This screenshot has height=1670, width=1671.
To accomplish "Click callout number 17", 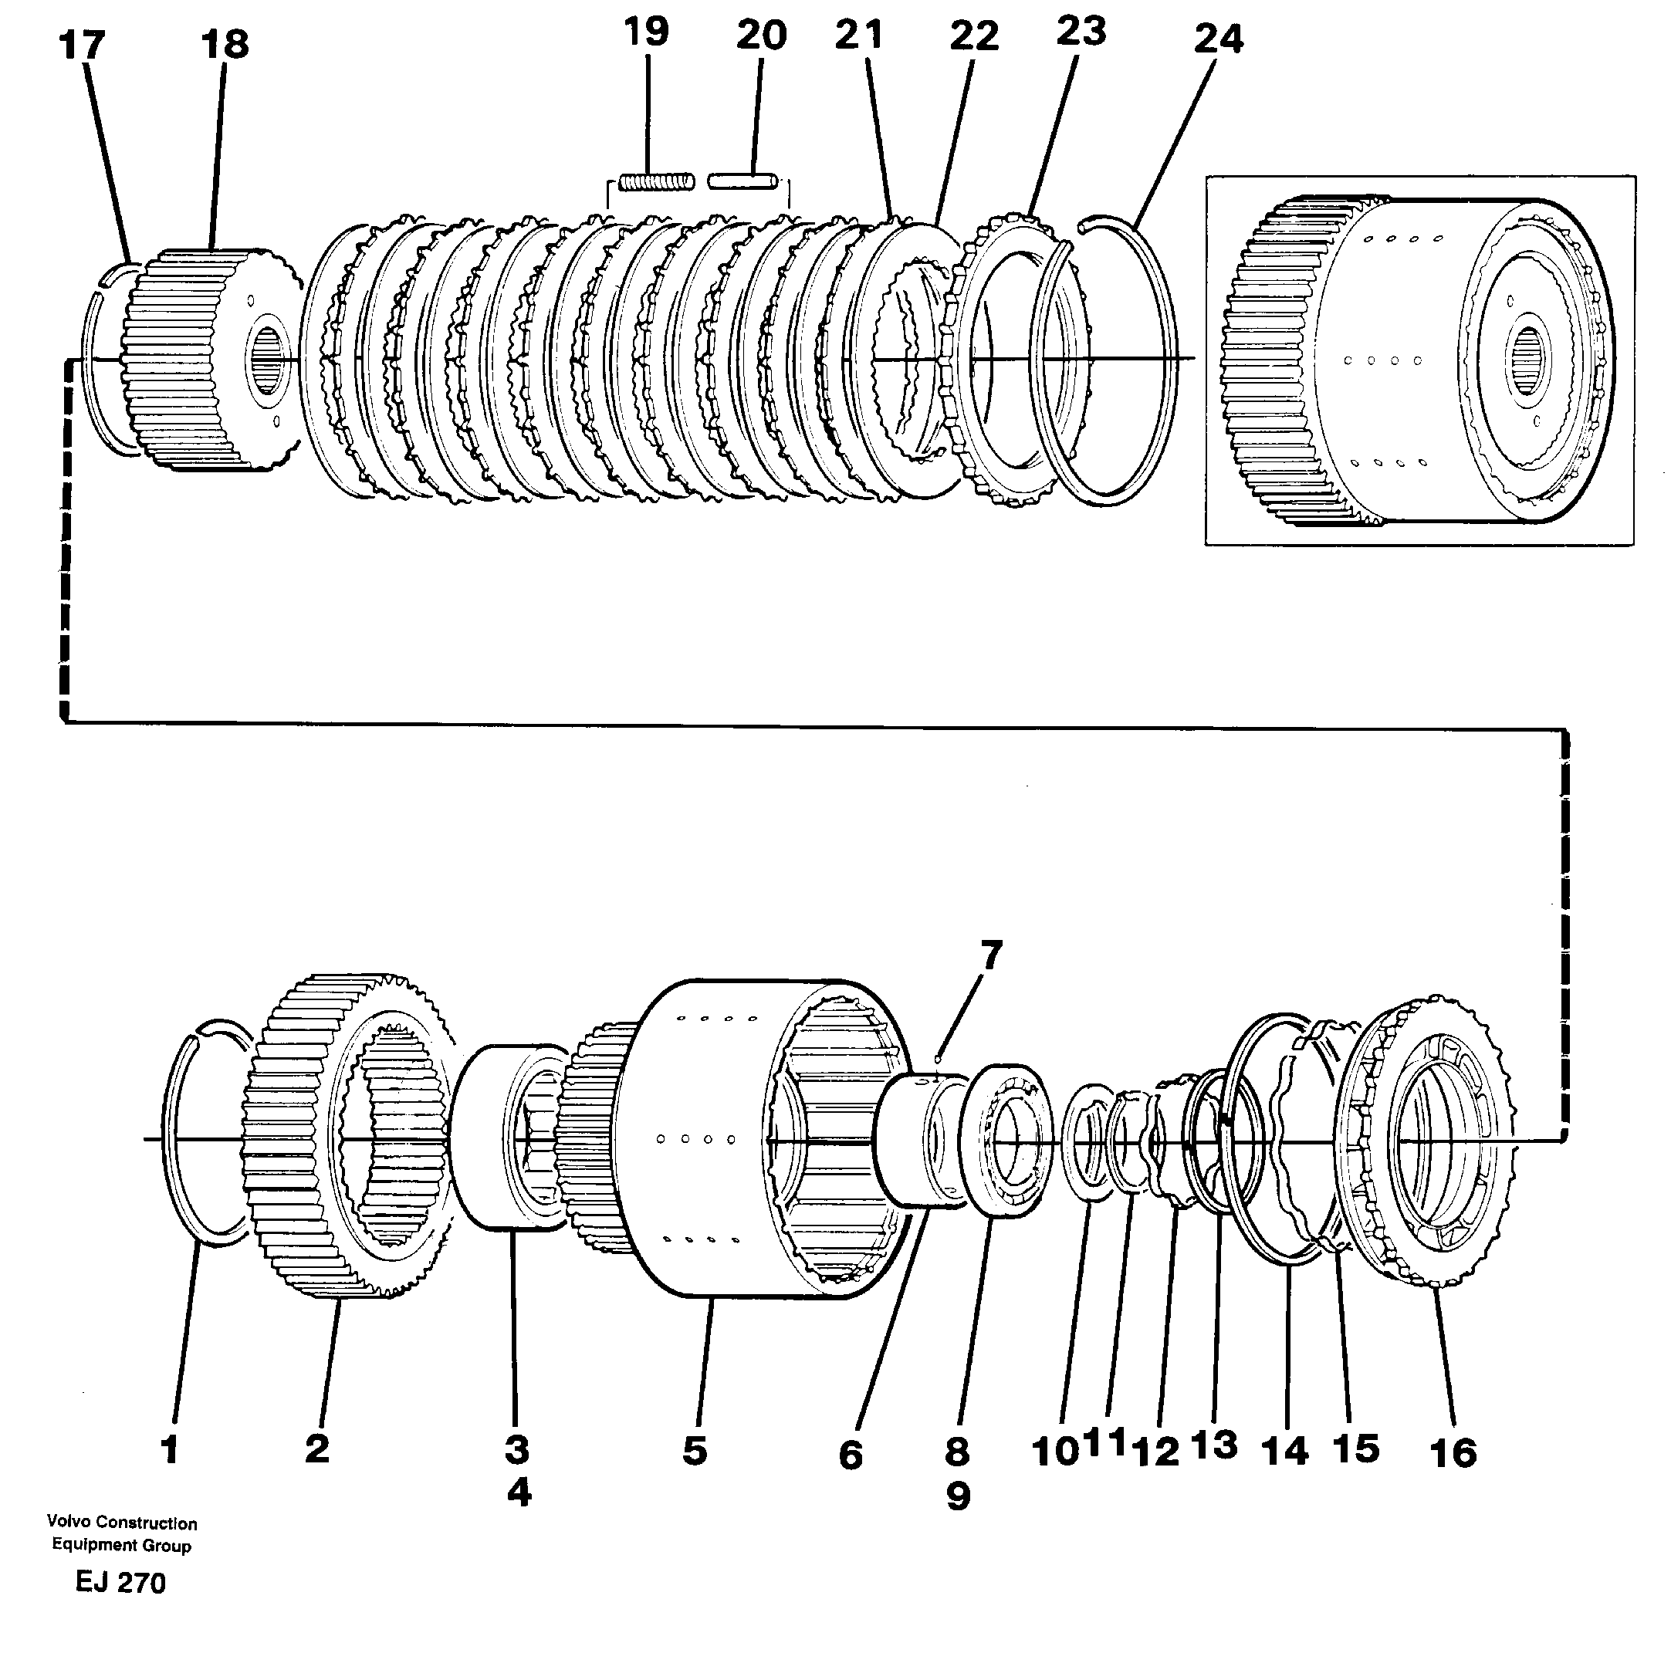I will point(81,45).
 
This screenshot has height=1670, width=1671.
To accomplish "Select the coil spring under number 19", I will point(658,181).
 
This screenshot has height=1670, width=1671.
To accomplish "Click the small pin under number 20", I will point(740,181).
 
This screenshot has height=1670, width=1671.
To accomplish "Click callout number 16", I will point(1453,1453).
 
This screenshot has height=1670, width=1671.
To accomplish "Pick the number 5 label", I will point(695,1451).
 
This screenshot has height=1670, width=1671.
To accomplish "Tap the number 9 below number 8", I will point(959,1496).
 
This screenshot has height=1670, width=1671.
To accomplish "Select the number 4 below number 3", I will point(518,1492).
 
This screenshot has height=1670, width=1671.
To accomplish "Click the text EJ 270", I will point(120,1583).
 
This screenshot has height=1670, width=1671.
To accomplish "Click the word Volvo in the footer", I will point(66,1522).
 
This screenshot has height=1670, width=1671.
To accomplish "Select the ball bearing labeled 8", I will point(1012,1141).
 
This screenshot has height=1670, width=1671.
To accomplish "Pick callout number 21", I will point(859,36).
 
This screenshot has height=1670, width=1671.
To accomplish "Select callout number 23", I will point(1081,32).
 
